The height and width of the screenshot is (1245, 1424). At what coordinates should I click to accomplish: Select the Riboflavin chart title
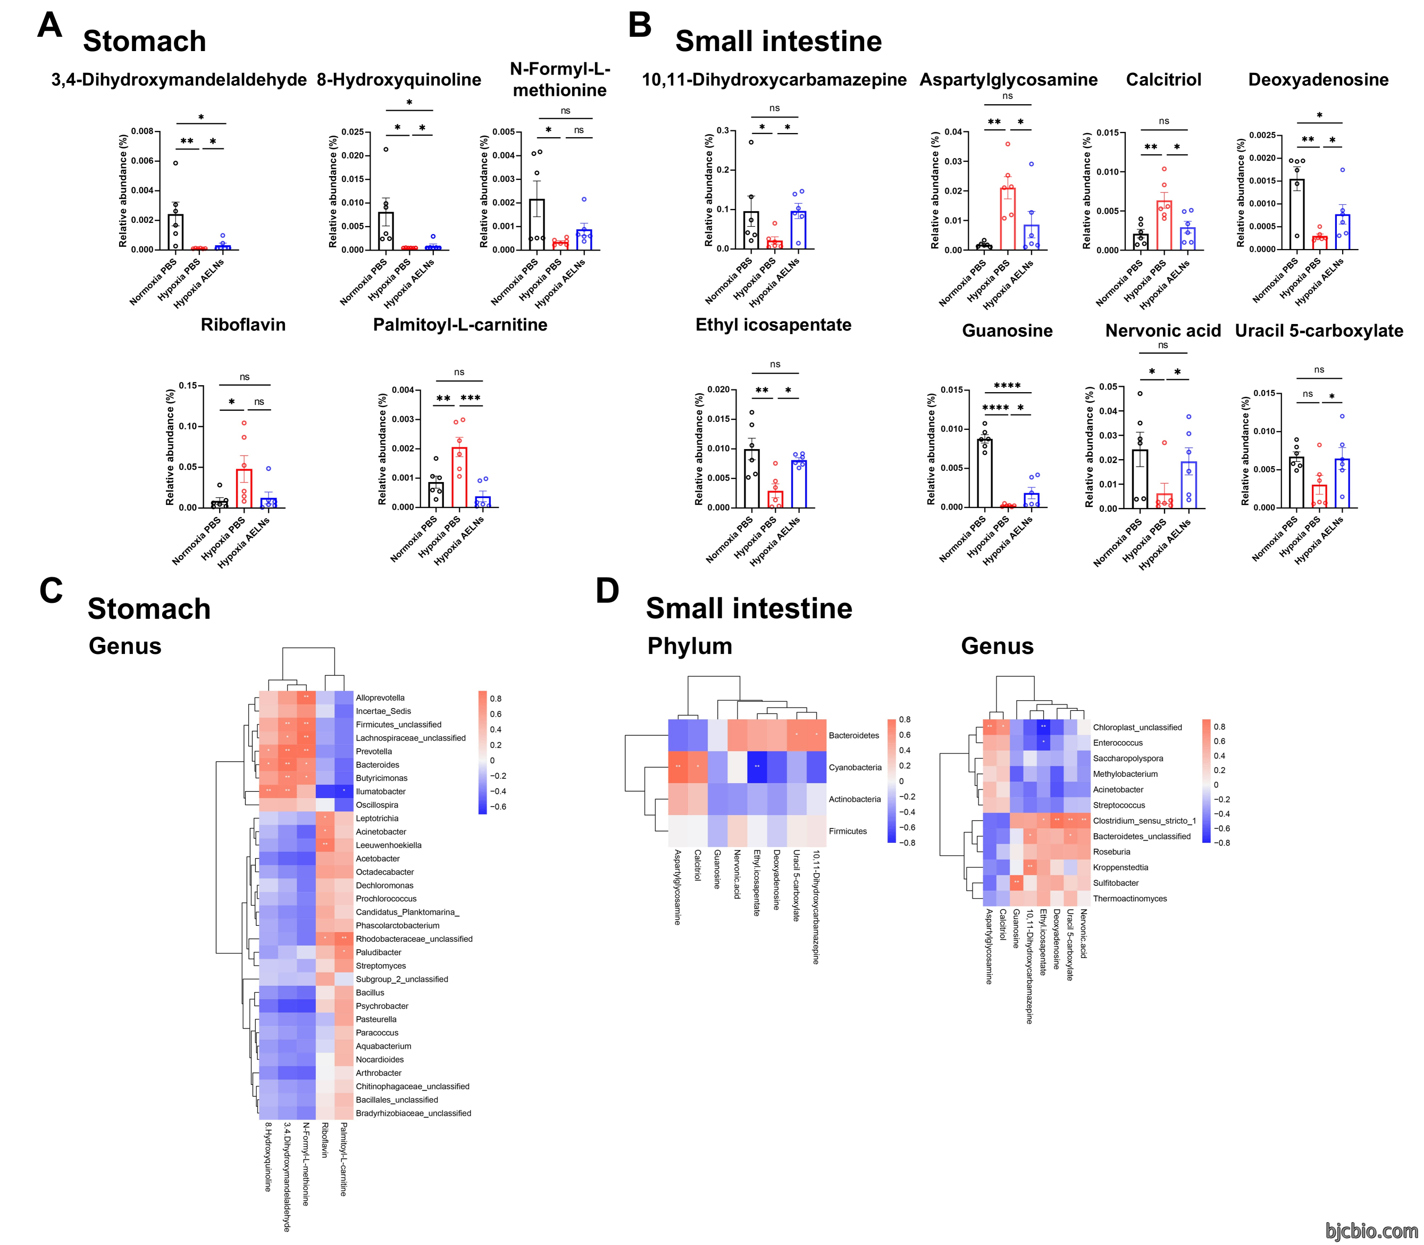point(243,325)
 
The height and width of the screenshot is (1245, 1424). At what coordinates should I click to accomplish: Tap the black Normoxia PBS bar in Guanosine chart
point(984,473)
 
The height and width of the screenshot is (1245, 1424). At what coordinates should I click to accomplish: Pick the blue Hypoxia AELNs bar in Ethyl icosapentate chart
point(799,484)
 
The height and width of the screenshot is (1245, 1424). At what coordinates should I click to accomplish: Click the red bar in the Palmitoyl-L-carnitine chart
point(459,477)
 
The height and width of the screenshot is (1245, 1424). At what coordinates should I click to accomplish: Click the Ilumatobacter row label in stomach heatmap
point(381,791)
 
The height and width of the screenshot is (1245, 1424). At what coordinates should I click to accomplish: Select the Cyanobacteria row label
point(855,767)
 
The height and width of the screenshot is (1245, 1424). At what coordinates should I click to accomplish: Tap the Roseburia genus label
point(1111,852)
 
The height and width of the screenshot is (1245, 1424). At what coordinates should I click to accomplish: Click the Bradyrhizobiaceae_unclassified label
point(413,1113)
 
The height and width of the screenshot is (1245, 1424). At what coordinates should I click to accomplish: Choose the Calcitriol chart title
point(1163,79)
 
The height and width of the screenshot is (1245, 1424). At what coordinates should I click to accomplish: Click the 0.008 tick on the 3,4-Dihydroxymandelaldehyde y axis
point(143,131)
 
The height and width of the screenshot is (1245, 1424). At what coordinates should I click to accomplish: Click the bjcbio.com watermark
point(1371,1231)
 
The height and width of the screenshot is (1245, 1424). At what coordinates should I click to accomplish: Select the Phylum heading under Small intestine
point(690,646)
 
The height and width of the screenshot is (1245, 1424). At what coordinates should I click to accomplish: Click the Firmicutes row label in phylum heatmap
point(848,831)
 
